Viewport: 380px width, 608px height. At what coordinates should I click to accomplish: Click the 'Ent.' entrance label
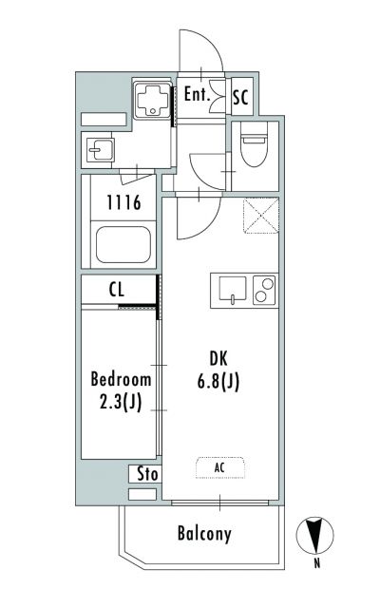click(197, 94)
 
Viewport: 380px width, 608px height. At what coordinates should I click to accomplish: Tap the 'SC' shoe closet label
click(240, 97)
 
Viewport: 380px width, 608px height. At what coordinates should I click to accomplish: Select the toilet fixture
click(254, 144)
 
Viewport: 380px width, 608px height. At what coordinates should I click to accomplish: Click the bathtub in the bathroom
click(123, 245)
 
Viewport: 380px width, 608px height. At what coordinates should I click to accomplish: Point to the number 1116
click(123, 202)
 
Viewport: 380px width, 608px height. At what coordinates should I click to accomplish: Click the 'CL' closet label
click(117, 289)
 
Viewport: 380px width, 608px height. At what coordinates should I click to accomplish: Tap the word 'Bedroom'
click(121, 380)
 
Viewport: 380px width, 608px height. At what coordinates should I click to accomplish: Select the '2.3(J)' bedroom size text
click(121, 402)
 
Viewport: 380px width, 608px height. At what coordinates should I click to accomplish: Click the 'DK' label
click(218, 359)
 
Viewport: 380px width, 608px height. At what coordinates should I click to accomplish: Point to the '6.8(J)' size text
click(218, 382)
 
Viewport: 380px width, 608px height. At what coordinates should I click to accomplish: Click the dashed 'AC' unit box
click(220, 467)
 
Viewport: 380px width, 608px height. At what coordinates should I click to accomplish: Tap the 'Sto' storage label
click(147, 474)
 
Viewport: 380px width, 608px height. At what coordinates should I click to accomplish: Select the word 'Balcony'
click(205, 534)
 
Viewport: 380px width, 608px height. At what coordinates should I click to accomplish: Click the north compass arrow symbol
click(314, 536)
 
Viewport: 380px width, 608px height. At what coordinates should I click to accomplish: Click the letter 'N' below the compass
click(317, 563)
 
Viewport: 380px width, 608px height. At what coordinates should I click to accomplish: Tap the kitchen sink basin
click(232, 289)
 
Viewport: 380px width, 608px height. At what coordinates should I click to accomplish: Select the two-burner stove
click(264, 290)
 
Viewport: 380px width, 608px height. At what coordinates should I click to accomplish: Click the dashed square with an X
click(261, 216)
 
